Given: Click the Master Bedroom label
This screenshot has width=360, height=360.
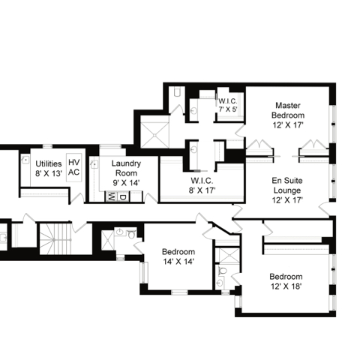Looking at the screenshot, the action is (288, 115).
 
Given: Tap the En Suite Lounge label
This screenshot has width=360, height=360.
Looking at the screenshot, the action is (287, 190).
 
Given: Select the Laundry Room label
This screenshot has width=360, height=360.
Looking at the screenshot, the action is (126, 173).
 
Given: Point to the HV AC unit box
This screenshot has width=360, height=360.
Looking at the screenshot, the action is (74, 167).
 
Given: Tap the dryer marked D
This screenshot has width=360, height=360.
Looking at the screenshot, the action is (123, 196).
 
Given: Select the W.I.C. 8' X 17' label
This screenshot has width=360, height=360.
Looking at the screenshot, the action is (202, 185).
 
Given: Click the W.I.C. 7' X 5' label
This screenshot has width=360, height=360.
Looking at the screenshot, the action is (228, 105).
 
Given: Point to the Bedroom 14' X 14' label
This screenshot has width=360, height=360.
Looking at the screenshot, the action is (178, 256).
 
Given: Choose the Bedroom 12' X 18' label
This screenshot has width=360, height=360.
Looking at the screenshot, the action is (286, 281).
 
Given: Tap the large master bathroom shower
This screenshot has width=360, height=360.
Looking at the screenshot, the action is (155, 135).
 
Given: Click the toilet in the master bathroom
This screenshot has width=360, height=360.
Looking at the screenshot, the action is (177, 92).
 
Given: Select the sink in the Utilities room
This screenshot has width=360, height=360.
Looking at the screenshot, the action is (25, 160).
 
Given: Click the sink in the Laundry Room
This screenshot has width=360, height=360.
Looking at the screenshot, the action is (94, 164).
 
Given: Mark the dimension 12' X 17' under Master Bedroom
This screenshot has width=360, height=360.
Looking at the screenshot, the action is (288, 125).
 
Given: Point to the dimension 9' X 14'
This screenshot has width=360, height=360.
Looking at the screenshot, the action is (126, 183).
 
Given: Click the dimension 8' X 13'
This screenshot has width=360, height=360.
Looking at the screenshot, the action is (49, 173).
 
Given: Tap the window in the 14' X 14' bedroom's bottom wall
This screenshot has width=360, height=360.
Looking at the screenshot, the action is (179, 292).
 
